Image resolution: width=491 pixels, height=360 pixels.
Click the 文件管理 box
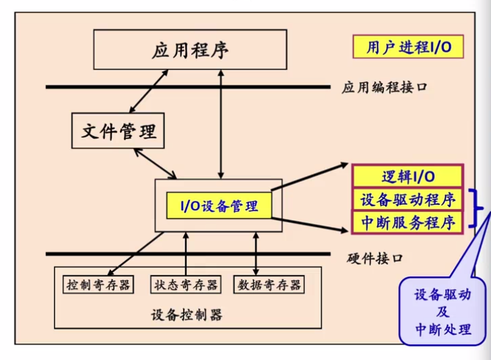(119, 130)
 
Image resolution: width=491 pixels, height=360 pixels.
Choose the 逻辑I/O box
(407, 177)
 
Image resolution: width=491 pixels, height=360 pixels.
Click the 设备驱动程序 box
(407, 200)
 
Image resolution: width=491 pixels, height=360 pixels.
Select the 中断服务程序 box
(407, 222)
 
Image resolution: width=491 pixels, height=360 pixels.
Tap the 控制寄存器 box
(99, 284)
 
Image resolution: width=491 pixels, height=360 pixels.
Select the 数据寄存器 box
(269, 284)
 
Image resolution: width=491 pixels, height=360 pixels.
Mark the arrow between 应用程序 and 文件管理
(149, 90)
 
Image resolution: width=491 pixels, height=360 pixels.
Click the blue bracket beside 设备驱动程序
(480, 210)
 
